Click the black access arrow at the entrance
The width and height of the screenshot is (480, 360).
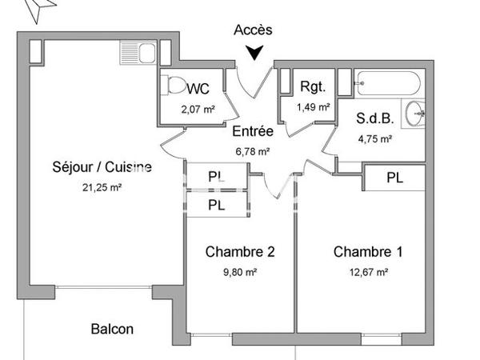click(254, 54)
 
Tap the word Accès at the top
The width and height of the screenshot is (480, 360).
click(253, 30)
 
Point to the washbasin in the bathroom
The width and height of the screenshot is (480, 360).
click(415, 114)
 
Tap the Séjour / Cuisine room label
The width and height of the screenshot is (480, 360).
click(102, 168)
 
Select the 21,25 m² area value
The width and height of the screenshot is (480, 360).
click(102, 187)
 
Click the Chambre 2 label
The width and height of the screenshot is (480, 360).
click(240, 252)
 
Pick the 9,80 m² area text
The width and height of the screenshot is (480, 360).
click(240, 272)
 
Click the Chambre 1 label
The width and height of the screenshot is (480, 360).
click(367, 252)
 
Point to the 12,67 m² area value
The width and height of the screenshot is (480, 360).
click(367, 272)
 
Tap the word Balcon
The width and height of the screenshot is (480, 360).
click(111, 329)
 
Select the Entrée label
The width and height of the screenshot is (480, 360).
click(253, 131)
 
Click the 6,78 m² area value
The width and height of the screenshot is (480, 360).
click(253, 150)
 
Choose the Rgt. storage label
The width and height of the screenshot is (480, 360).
click(312, 87)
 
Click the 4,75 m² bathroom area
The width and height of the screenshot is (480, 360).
click(374, 138)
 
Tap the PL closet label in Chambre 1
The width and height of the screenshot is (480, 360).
click(394, 178)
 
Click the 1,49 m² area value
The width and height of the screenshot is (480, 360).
click(313, 106)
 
